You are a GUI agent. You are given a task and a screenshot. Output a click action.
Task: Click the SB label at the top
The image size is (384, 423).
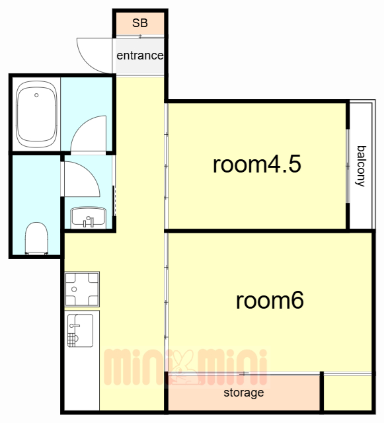(139, 23)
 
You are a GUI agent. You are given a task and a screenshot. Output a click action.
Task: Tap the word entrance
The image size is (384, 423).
(139, 56)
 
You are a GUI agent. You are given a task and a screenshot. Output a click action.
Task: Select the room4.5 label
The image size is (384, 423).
(257, 165)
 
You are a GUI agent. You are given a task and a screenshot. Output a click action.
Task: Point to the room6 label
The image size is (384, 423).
(270, 300)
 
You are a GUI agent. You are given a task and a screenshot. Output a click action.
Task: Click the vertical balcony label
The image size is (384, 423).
(361, 166)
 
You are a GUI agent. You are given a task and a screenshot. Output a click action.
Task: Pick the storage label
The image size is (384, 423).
(244, 393)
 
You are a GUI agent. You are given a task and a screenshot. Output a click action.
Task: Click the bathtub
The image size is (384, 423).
(37, 114)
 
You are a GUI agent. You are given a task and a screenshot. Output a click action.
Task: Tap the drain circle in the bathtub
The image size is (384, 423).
(36, 95)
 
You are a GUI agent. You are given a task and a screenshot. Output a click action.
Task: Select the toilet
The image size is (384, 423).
(36, 238)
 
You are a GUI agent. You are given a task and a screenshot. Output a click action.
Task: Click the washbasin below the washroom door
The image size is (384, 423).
(89, 217)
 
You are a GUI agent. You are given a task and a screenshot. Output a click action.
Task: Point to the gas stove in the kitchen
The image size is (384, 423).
(82, 289)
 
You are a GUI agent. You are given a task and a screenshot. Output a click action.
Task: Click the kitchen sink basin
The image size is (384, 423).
(80, 330)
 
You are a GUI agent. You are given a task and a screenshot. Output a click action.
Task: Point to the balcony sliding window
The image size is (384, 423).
(348, 166)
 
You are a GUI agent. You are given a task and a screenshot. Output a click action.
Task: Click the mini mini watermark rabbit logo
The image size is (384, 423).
(185, 367)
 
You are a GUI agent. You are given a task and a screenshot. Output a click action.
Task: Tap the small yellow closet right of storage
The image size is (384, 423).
(348, 393)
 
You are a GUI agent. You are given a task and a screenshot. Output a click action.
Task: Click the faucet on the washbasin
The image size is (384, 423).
(89, 221)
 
